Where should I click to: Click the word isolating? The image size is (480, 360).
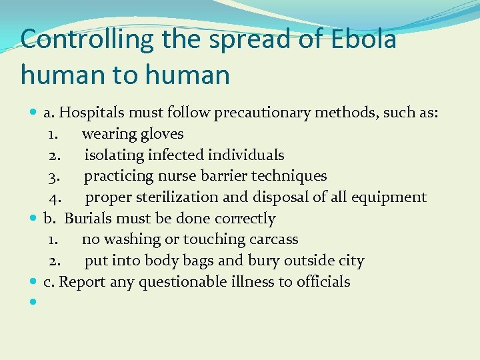tap(115, 155)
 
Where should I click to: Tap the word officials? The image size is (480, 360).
tap(323, 282)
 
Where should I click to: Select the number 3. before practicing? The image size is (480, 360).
tap(56, 176)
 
